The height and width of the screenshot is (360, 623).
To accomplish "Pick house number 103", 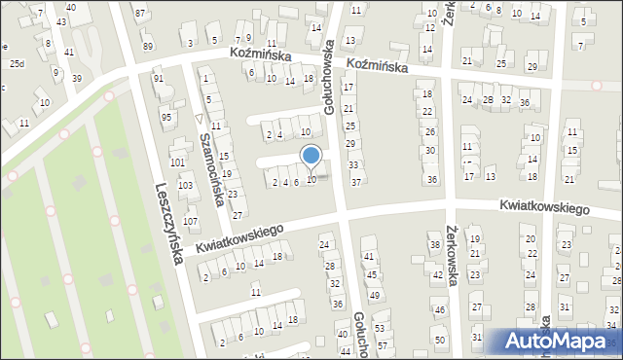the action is tap(185, 185).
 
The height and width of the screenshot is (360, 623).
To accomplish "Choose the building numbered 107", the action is tap(191, 222).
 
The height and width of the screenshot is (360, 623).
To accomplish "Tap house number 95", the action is tap(165, 117).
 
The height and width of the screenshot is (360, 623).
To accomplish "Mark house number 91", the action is tap(158, 78).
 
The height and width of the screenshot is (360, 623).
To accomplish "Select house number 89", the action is tap(147, 46).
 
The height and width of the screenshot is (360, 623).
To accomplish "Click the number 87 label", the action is tap(140, 13).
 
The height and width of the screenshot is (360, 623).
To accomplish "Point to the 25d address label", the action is tap(17, 63).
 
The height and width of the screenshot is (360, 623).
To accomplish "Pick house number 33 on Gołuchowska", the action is tap(353, 165).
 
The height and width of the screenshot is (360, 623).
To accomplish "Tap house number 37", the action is tap(356, 182).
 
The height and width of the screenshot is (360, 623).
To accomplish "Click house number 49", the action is tap(374, 295).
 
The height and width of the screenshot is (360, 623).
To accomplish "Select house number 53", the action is tap(380, 329).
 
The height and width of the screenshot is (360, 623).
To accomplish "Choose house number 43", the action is tap(61, 21).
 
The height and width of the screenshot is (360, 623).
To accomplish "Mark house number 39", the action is tap(77, 78).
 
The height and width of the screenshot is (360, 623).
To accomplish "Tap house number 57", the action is tap(383, 345).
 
